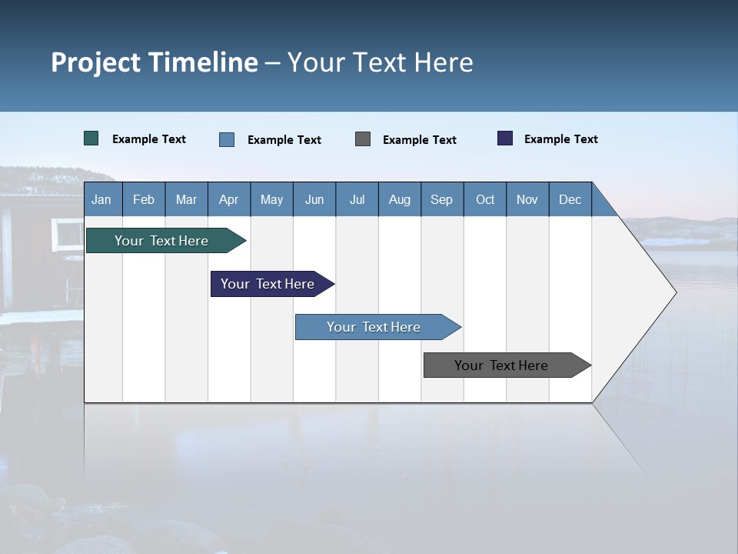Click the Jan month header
tap(101, 199)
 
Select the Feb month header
tap(144, 199)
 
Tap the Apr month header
tap(228, 199)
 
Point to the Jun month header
tap(314, 199)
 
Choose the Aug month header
tap(399, 199)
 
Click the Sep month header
tap(441, 199)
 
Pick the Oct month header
tap(485, 199)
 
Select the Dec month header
tap(570, 199)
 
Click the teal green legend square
tap(91, 138)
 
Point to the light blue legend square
tap(227, 139)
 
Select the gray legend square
tap(363, 139)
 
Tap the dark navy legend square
tap(505, 138)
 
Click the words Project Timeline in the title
tap(155, 62)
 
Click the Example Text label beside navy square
tap(560, 139)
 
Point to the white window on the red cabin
tap(68, 234)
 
